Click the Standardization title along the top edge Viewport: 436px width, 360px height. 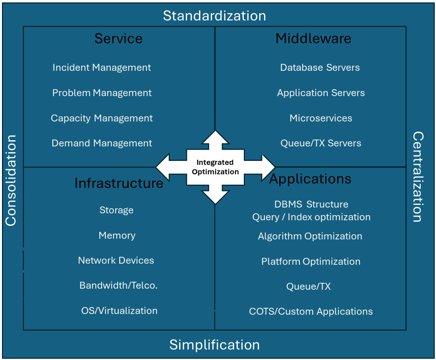pyautogui.click(x=214, y=16)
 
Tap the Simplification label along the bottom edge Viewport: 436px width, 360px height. pyautogui.click(x=214, y=344)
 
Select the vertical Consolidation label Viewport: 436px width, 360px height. pyautogui.click(x=11, y=180)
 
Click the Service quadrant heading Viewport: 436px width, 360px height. pyautogui.click(x=118, y=39)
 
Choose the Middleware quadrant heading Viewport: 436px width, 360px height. pyautogui.click(x=313, y=39)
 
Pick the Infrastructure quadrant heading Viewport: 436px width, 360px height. pyautogui.click(x=119, y=183)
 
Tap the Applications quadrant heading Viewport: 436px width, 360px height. pyautogui.click(x=310, y=179)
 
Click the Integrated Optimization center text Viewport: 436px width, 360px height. pyautogui.click(x=215, y=167)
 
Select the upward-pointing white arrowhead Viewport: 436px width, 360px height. pyautogui.click(x=215, y=137)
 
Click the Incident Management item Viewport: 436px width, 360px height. pyautogui.click(x=101, y=68)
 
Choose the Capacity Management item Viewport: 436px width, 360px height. pyautogui.click(x=101, y=118)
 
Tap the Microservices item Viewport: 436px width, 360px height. pyautogui.click(x=321, y=118)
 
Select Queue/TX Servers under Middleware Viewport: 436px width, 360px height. pyautogui.click(x=321, y=143)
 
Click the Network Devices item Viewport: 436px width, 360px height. pyautogui.click(x=116, y=260)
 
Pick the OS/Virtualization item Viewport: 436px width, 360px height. pyautogui.click(x=119, y=311)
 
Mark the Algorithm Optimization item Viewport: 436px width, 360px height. pyautogui.click(x=310, y=236)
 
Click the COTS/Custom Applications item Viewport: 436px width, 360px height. pyautogui.click(x=311, y=311)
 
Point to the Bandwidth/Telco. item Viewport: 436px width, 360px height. pyautogui.click(x=119, y=286)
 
